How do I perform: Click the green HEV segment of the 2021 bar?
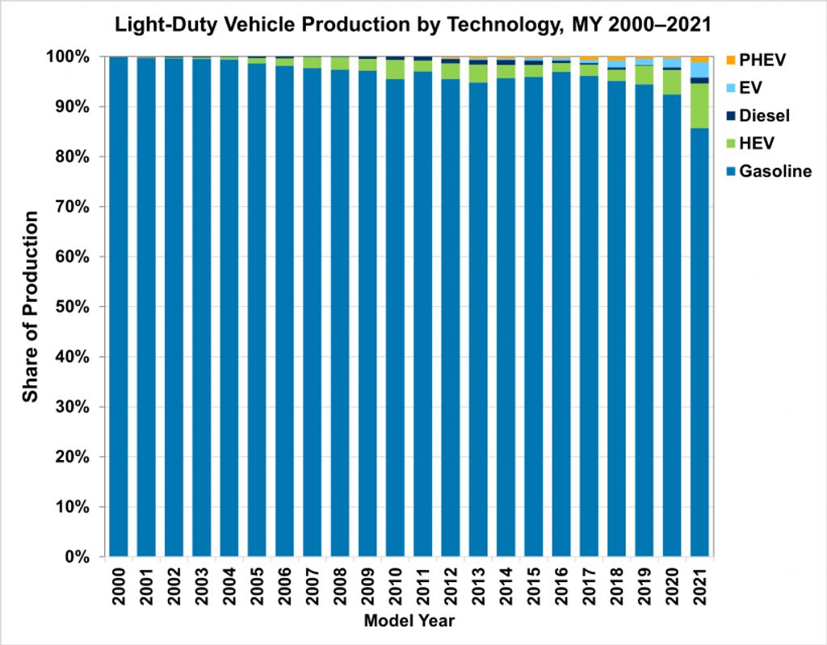(x=699, y=106)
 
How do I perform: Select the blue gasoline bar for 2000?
(x=119, y=307)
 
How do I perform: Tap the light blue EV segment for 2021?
(x=699, y=69)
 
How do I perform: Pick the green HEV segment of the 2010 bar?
(x=395, y=69)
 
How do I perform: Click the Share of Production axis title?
(x=31, y=307)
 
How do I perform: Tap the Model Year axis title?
(x=409, y=622)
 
